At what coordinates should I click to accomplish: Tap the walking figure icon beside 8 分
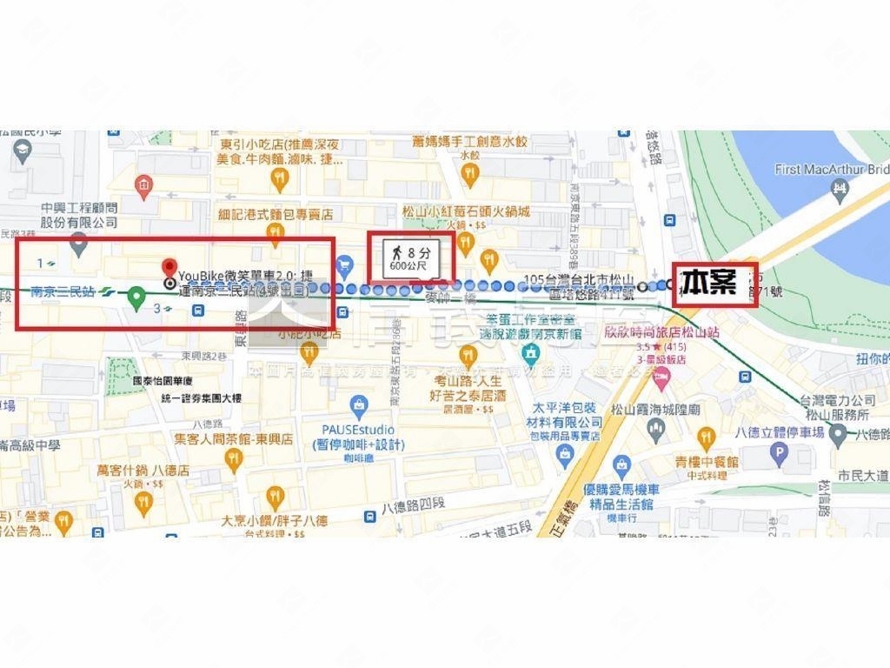click(x=396, y=252)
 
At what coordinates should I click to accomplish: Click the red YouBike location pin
click(x=169, y=267)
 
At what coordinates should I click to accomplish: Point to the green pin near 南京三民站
click(x=136, y=297)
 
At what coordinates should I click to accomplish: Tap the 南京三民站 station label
click(x=63, y=292)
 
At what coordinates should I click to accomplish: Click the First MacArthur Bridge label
click(x=831, y=170)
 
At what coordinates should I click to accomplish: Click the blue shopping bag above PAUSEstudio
click(x=358, y=405)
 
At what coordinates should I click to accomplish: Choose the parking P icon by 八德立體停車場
click(x=779, y=452)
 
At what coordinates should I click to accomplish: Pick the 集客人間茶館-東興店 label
click(x=233, y=439)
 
